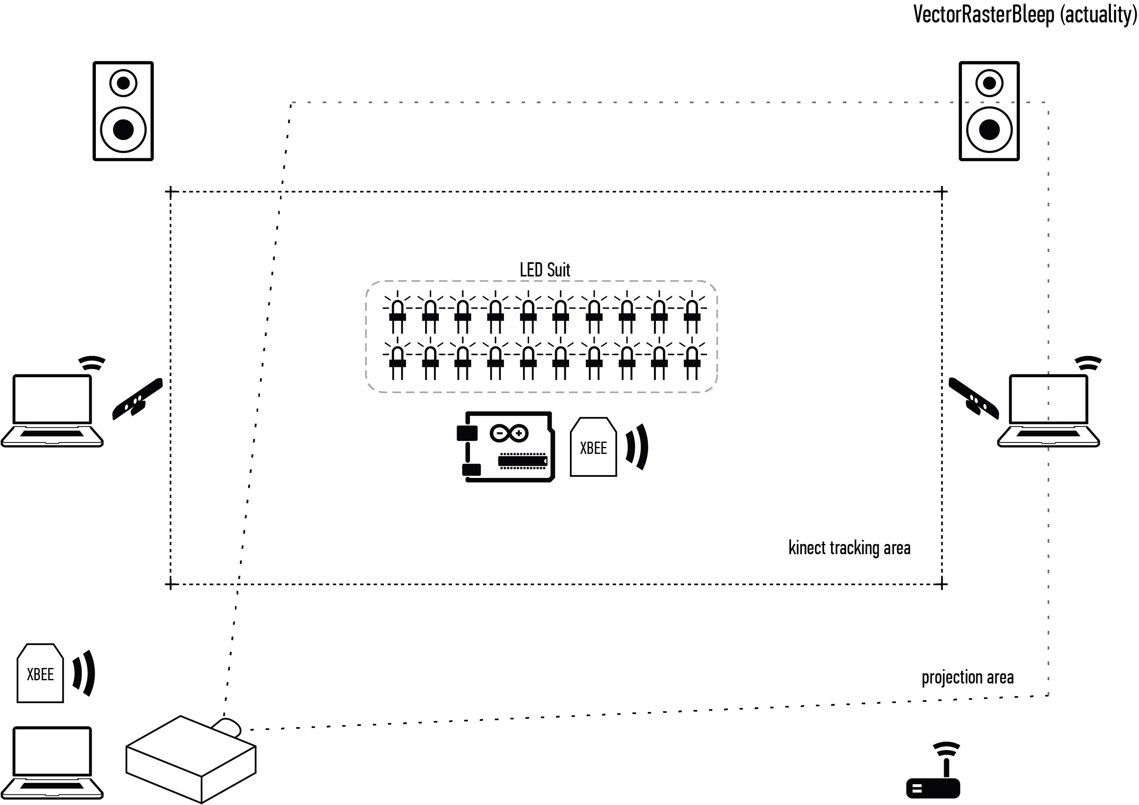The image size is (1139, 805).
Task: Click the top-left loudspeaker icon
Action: (123, 111)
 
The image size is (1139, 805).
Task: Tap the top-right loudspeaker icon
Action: (989, 111)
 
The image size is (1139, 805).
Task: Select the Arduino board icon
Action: (506, 447)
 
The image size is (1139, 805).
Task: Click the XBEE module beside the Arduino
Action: (593, 447)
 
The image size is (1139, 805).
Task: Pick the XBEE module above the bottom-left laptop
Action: (40, 674)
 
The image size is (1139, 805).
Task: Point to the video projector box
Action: (191, 759)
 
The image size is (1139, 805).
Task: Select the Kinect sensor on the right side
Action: (973, 399)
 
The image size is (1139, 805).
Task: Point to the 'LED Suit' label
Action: (545, 270)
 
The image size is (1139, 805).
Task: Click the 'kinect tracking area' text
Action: (849, 548)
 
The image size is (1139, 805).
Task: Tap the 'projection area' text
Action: (967, 677)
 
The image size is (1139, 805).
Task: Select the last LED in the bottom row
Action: (692, 360)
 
